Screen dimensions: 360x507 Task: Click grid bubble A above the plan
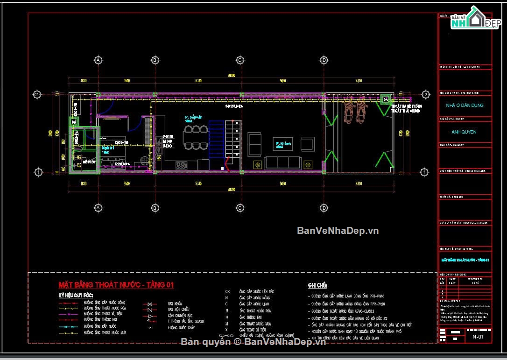point(98,60)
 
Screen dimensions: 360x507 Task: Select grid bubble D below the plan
point(324,207)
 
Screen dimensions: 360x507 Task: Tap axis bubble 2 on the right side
point(425,94)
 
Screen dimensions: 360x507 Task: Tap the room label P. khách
point(283,144)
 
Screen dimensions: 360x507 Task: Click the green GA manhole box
point(386,99)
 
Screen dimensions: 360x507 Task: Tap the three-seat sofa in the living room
point(282,162)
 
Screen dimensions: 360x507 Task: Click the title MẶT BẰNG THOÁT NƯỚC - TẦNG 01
point(116,285)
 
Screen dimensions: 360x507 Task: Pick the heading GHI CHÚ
point(317,285)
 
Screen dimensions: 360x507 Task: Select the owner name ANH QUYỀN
point(464,132)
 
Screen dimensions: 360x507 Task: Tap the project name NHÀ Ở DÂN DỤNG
point(464,106)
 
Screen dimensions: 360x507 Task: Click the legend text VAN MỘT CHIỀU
point(178,310)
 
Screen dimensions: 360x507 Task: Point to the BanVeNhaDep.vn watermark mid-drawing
point(338,231)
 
